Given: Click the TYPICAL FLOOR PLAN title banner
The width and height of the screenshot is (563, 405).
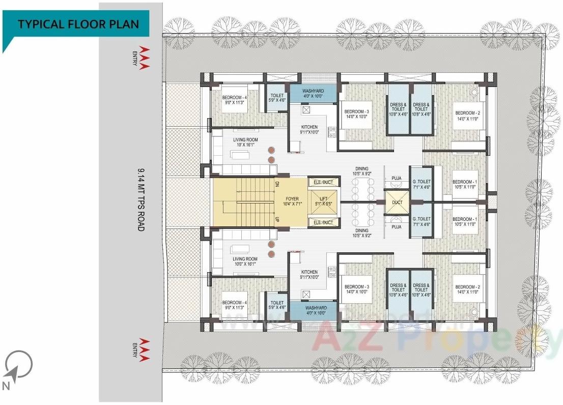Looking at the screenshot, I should point(76,24).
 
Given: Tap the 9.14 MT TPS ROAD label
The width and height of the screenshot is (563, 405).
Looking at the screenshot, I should point(141,199).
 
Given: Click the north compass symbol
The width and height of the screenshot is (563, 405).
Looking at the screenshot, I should point(19,365).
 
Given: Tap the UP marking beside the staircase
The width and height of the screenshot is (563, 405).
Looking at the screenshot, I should point(277,219).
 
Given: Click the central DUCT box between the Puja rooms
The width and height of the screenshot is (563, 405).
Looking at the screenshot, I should point(397,202).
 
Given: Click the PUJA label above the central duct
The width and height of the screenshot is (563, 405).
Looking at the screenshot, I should point(397,178).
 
